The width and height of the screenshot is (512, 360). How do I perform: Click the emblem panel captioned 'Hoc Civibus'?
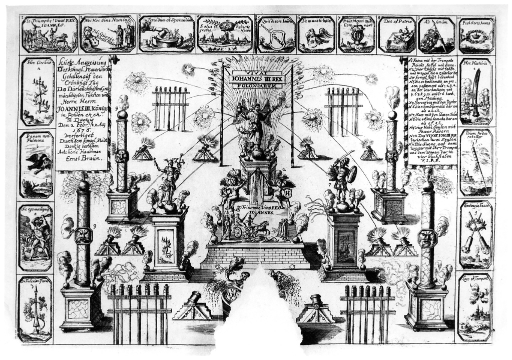point(37,91)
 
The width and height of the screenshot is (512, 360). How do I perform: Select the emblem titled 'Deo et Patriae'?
point(396,34)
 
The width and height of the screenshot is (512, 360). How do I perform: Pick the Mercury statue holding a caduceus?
point(169,177)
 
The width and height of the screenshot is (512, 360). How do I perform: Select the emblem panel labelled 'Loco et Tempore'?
point(475,306)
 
